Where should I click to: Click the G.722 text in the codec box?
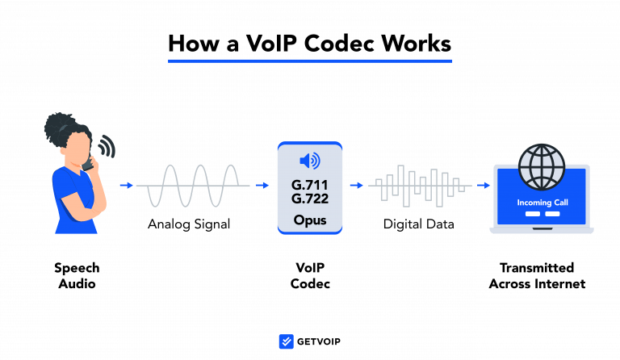310,199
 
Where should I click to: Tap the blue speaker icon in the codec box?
310,160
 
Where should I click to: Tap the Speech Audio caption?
77,276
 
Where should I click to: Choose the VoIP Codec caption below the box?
310,276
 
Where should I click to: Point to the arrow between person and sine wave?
125,185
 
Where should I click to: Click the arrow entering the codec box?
262,185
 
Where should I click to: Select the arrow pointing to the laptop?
483,185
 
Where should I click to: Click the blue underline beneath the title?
310,60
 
